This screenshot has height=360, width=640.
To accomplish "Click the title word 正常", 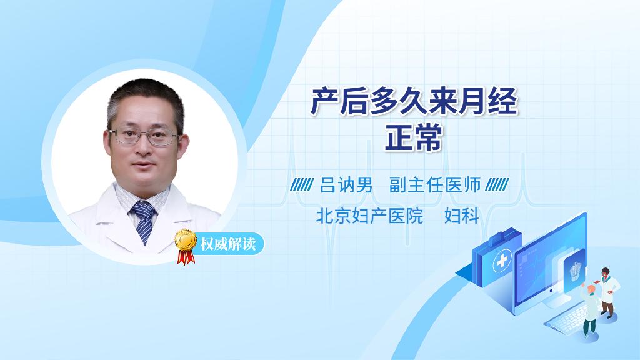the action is [414, 138].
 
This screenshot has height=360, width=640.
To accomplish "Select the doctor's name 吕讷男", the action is [346, 185].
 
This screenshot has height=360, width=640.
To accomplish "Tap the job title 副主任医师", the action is [435, 185].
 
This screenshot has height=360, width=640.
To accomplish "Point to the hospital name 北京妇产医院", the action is [369, 216].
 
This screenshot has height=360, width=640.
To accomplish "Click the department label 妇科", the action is [461, 216].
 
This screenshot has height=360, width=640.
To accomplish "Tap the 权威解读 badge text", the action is [227, 244].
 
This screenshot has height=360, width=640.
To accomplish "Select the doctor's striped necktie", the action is [143, 221].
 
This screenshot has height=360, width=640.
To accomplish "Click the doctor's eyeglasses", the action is [144, 136].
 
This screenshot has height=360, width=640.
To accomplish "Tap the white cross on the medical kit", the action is [502, 261].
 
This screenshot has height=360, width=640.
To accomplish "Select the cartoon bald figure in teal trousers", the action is [590, 311].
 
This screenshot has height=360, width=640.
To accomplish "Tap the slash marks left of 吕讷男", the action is [302, 185].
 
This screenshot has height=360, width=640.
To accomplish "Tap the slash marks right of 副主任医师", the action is [497, 185].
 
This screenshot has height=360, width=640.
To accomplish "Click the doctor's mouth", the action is [143, 164].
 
